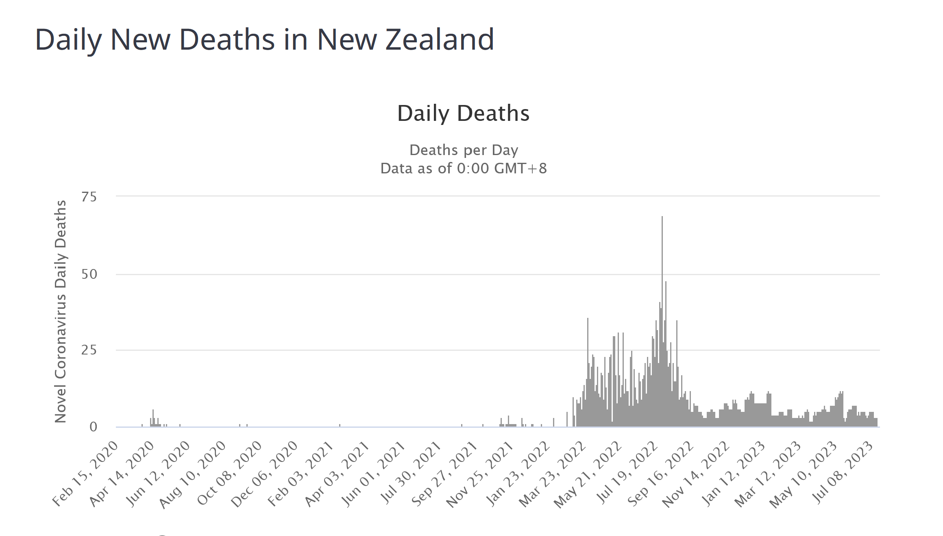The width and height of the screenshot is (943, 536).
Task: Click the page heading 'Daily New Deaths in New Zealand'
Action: (x=264, y=39)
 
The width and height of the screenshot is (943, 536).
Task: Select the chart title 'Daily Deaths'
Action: (x=463, y=113)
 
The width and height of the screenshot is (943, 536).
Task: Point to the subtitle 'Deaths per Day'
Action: (x=464, y=150)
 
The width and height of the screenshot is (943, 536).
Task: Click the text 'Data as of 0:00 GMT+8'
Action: (x=464, y=168)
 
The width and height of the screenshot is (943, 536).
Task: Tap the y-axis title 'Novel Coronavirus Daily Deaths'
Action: (x=61, y=311)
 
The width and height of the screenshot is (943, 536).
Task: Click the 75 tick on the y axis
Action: (x=89, y=197)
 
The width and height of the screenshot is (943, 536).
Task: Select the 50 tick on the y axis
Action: (x=89, y=274)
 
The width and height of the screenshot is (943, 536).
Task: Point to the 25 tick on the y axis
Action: (x=89, y=350)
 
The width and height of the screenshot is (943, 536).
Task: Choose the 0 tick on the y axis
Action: (x=93, y=427)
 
